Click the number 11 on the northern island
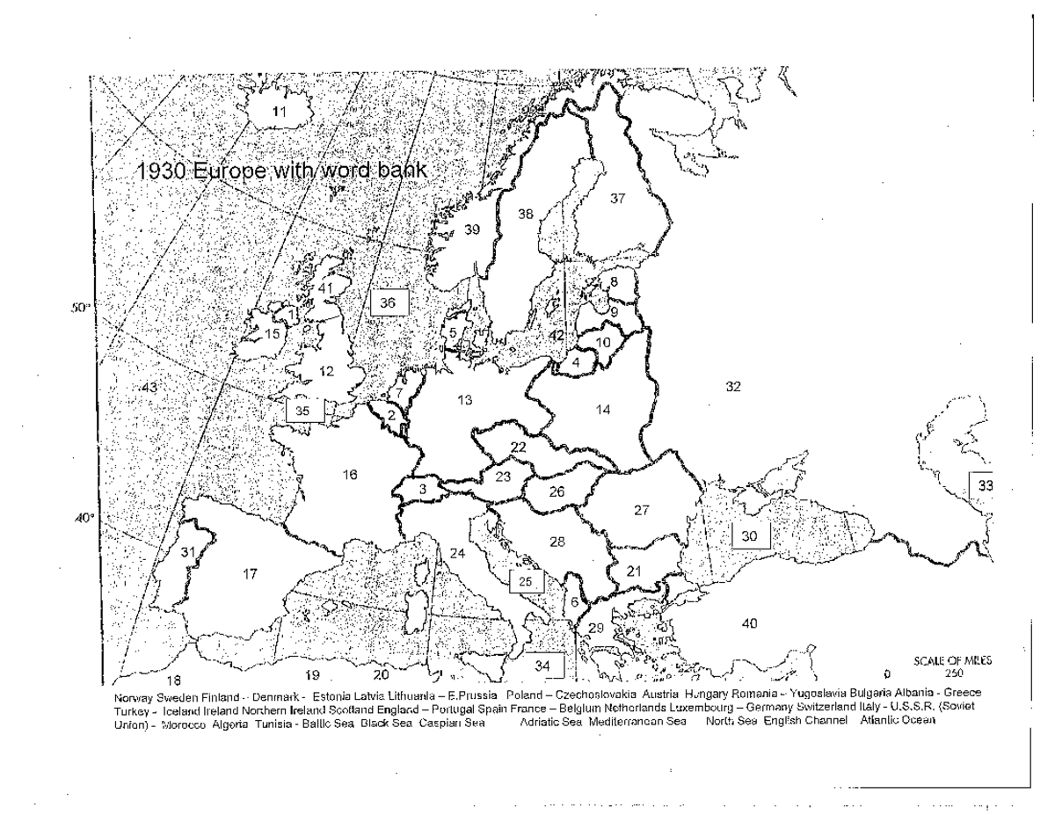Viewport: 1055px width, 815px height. [x=280, y=111]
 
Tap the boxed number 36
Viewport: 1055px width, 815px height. [x=388, y=302]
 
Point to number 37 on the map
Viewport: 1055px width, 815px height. [x=617, y=198]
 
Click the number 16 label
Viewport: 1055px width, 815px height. [x=350, y=475]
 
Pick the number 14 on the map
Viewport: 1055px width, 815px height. [x=602, y=409]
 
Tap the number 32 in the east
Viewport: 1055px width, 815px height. [x=734, y=386]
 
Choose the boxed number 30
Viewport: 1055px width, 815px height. [x=750, y=535]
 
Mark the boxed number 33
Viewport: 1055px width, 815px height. [x=985, y=484]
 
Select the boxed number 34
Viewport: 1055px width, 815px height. [x=542, y=666]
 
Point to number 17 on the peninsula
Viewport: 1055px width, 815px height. [x=250, y=574]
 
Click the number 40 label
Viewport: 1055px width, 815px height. [x=749, y=623]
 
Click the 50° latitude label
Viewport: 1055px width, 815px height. [x=78, y=309]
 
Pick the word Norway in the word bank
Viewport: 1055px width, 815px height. [x=133, y=695]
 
